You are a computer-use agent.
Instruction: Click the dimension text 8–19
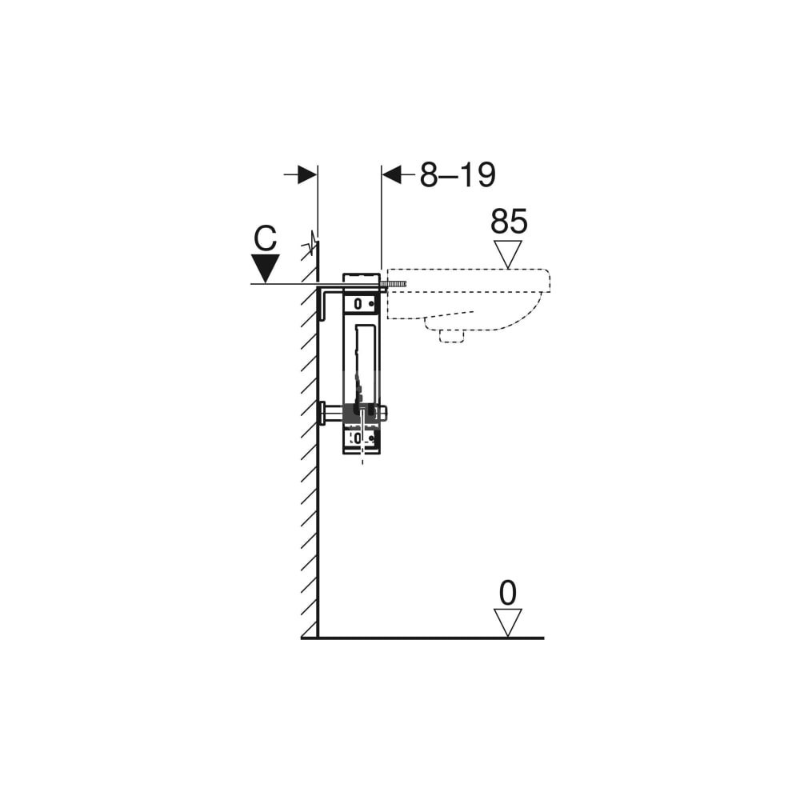(458, 175)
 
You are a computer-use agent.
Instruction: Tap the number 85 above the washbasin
(509, 222)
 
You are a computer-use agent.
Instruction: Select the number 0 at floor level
(508, 593)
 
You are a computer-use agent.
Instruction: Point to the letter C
(266, 238)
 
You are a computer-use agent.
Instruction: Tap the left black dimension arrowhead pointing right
(307, 175)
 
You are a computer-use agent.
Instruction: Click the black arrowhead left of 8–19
(392, 175)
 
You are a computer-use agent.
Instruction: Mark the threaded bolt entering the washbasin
(396, 284)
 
